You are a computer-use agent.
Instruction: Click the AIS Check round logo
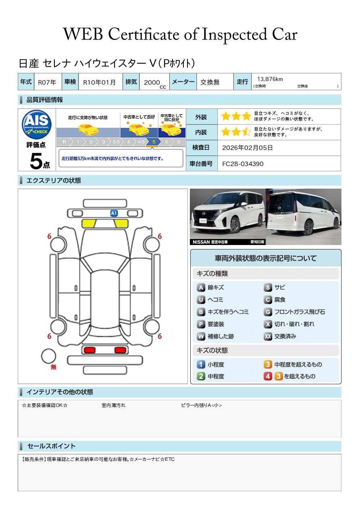37,124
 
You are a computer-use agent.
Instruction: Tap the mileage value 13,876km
270,79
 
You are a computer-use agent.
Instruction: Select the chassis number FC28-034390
243,164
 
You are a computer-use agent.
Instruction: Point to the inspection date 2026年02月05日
247,148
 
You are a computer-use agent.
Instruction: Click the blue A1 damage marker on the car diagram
114,213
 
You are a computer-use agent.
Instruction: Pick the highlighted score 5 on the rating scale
154,142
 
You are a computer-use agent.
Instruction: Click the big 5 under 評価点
36,161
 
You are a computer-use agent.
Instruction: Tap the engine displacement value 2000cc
155,83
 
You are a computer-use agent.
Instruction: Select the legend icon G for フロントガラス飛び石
268,312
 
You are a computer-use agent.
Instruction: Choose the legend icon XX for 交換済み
268,336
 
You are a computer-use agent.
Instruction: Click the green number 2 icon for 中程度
201,376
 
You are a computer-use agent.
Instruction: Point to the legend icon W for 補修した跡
201,336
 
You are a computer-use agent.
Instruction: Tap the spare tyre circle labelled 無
48,356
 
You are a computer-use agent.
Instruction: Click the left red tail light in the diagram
89,350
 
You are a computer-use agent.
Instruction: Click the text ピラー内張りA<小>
201,405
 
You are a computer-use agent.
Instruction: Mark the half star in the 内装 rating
246,132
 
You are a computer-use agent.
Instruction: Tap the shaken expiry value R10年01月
99,82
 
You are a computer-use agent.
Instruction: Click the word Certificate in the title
144,34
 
